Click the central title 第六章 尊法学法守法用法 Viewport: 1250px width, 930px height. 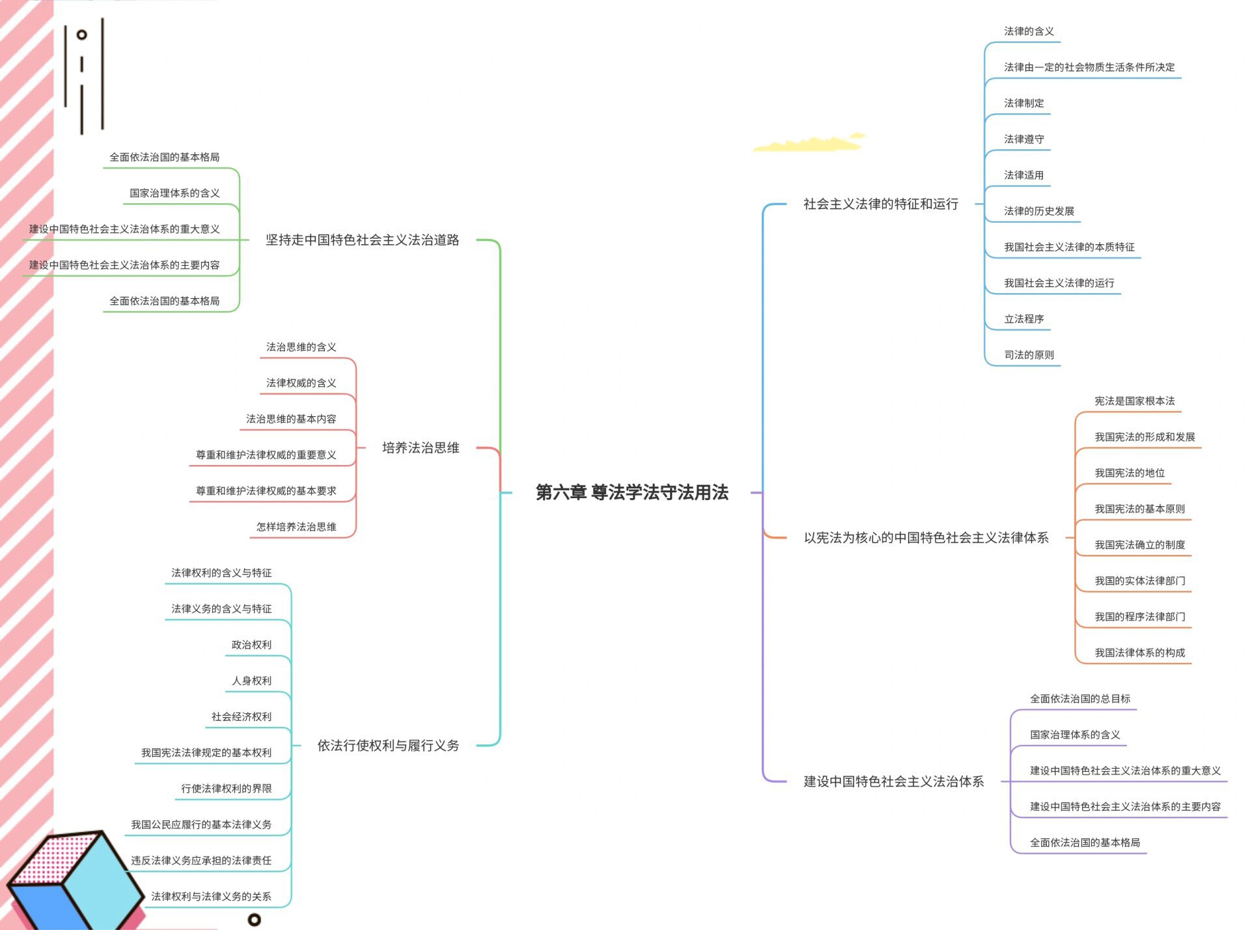coord(632,492)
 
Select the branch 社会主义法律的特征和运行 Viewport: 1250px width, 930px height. coord(880,204)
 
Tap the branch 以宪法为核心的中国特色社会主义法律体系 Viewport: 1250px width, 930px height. coord(926,538)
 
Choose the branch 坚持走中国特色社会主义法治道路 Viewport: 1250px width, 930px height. coord(362,240)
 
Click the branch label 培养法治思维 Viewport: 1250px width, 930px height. coord(421,448)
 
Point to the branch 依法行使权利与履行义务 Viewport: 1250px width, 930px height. coord(388,746)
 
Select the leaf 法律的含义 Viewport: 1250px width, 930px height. coord(1029,31)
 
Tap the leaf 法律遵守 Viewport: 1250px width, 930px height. coord(1023,139)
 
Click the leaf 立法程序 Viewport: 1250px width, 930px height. coord(1023,319)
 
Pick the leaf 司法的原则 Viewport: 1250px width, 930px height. coord(1029,355)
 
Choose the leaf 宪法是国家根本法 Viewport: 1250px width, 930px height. coord(1134,401)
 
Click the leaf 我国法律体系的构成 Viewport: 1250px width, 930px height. coord(1139,653)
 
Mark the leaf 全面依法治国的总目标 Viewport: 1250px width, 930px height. coord(1079,699)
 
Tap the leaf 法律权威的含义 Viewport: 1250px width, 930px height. coord(301,383)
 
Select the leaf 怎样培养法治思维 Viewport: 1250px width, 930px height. coord(296,527)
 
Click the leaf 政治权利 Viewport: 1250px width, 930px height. coord(251,645)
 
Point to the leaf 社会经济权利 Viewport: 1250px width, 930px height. coord(241,717)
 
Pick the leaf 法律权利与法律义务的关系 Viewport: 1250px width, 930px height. coord(211,897)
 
